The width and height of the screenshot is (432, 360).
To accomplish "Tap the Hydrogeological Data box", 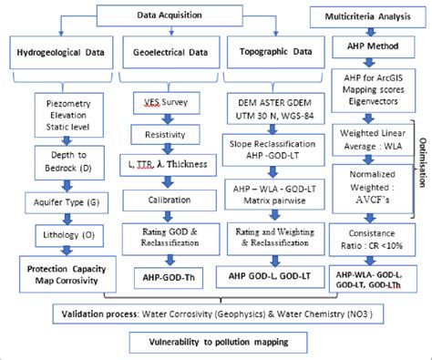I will pyautogui.click(x=60, y=54).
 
